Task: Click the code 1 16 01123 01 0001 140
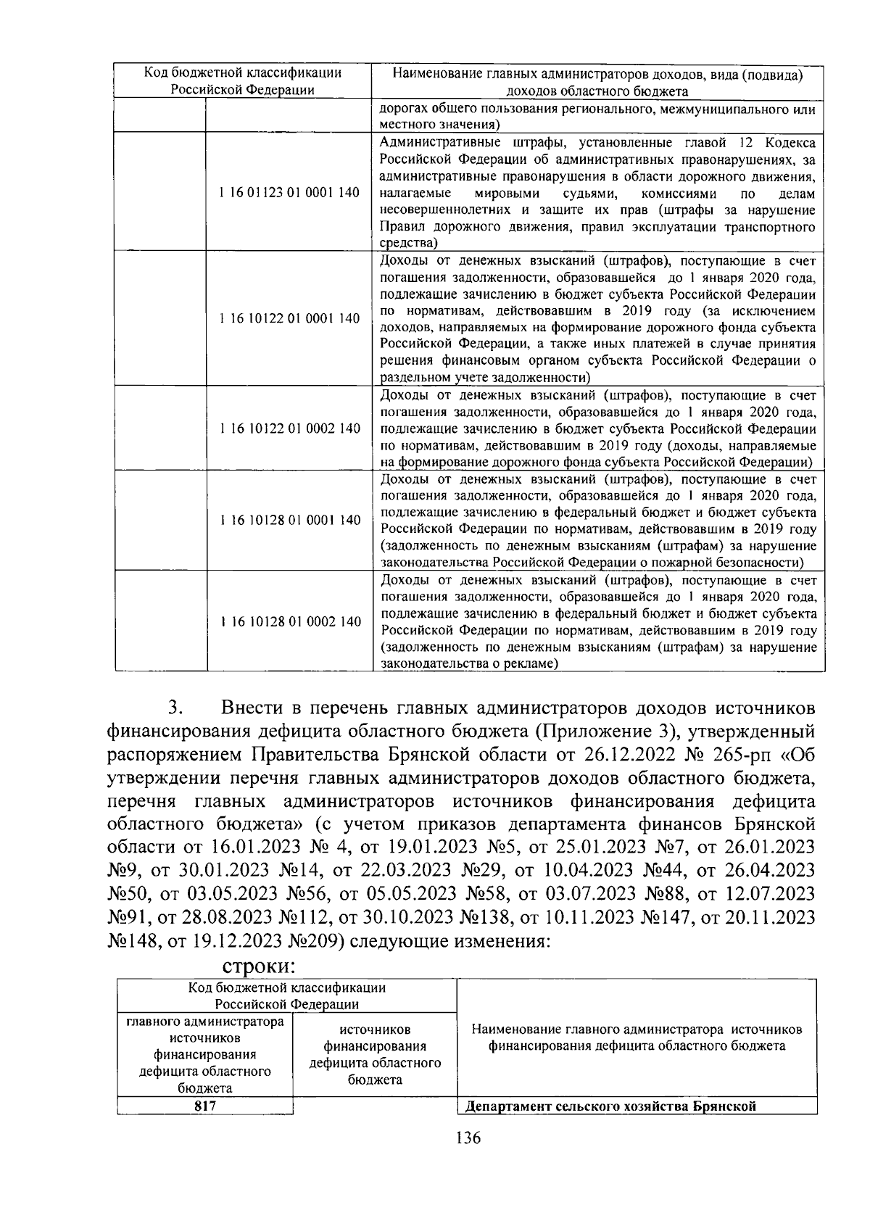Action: pyautogui.click(x=289, y=193)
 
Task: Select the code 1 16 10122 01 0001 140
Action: pyautogui.click(x=289, y=318)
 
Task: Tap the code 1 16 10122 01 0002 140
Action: pyautogui.click(x=289, y=428)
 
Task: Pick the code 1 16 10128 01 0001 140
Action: pyautogui.click(x=289, y=521)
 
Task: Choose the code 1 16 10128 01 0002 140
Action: pyautogui.click(x=289, y=621)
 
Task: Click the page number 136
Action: pyautogui.click(x=468, y=1138)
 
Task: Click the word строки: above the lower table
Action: pyautogui.click(x=258, y=966)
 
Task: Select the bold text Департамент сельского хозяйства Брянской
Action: pyautogui.click(x=610, y=1106)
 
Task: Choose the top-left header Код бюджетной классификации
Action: pyautogui.click(x=242, y=73)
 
